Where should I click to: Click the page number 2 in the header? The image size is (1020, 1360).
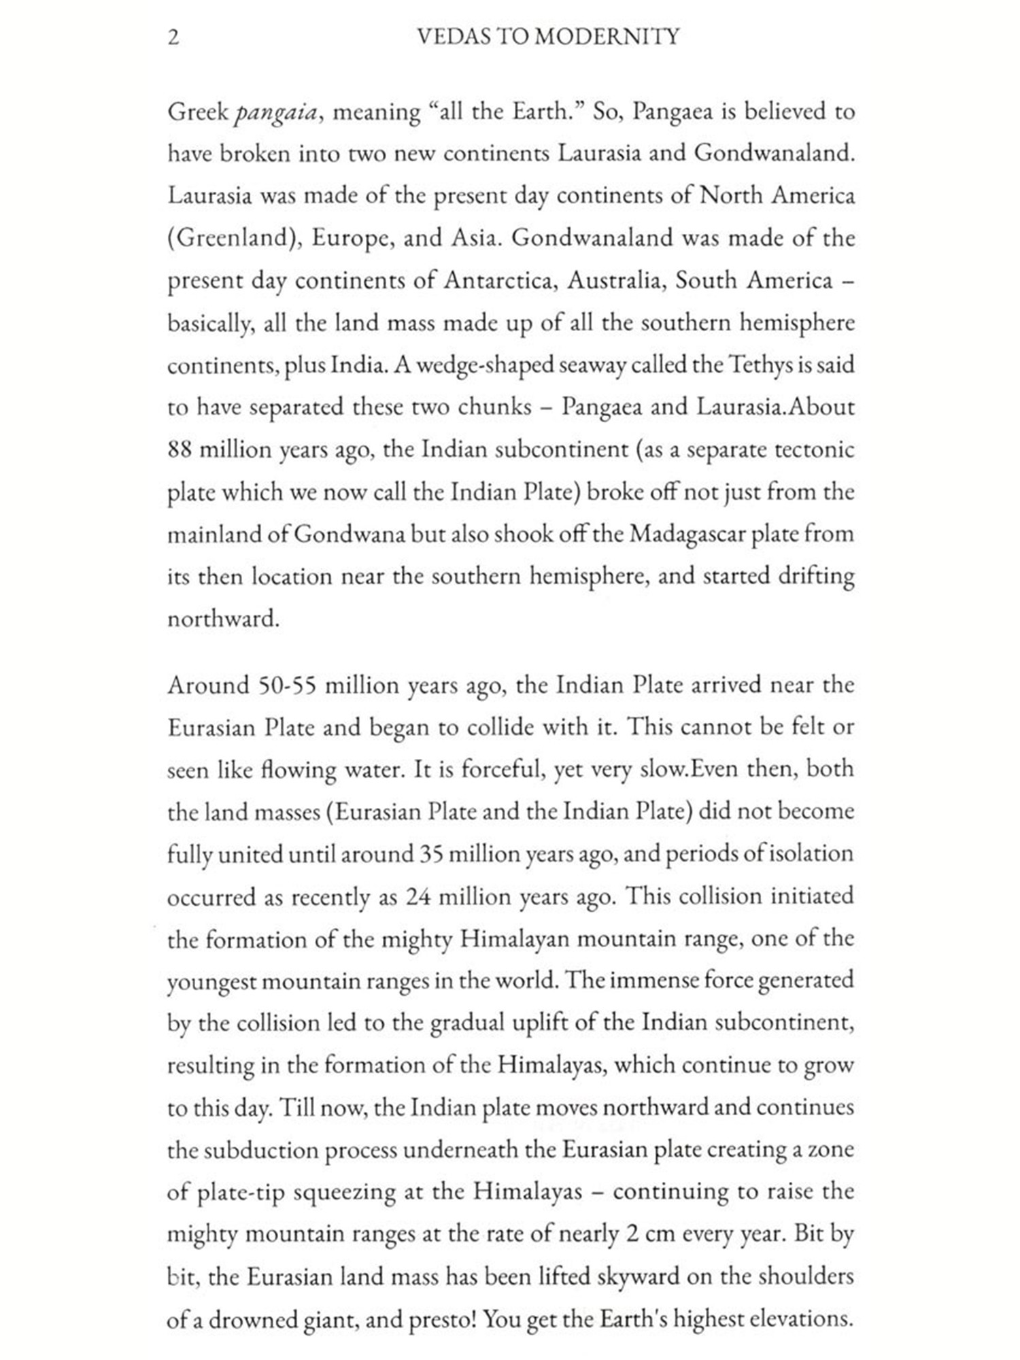pos(174,37)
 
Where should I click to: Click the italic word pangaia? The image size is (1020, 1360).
pos(275,113)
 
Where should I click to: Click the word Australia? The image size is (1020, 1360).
pos(616,281)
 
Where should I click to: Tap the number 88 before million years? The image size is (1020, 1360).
pos(180,450)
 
